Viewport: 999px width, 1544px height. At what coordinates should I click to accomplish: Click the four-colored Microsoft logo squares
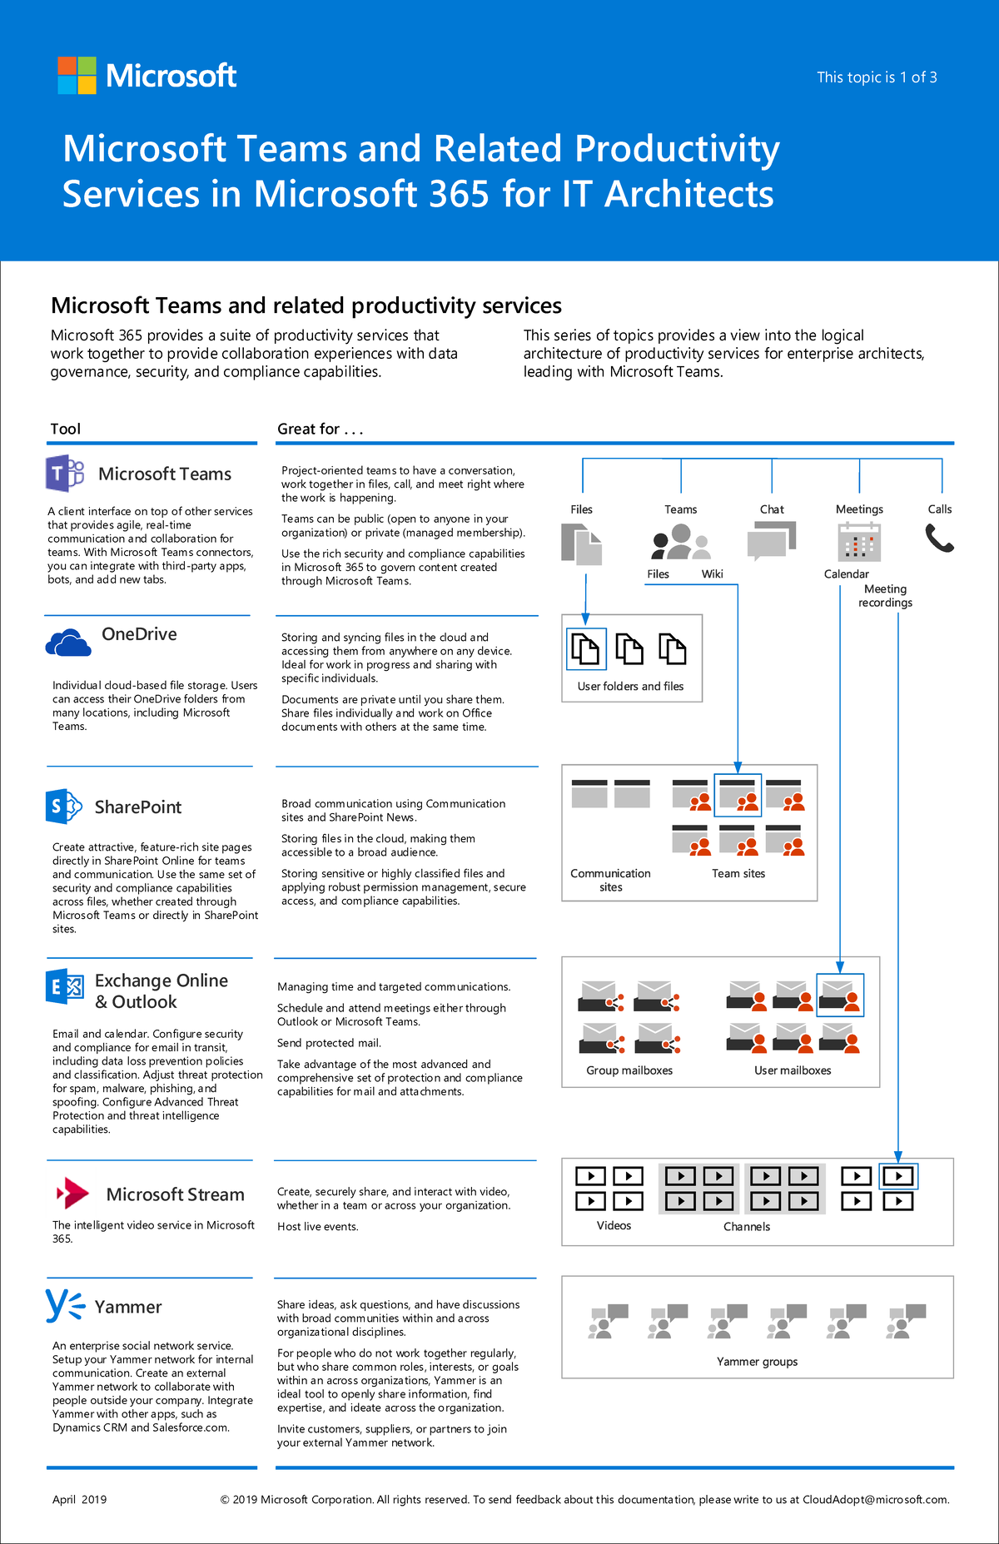77,76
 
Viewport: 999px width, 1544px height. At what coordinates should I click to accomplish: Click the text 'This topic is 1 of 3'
877,77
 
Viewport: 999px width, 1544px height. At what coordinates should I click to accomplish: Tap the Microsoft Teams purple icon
64,474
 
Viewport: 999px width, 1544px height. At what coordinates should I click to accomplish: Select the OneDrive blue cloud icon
68,643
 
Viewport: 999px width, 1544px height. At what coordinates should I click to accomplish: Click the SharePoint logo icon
63,806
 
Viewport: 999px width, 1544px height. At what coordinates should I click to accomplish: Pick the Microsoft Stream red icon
73,1193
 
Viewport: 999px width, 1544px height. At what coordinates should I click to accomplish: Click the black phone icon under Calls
939,539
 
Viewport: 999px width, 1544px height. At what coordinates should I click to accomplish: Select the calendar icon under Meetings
859,542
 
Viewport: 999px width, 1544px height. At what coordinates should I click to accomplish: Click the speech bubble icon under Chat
772,541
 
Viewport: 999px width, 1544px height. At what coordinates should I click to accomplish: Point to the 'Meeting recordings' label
885,596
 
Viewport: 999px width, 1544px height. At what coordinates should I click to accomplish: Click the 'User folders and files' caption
630,687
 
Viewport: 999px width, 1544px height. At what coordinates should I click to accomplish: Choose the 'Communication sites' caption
610,880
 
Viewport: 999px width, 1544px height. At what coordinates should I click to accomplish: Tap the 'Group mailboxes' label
629,1070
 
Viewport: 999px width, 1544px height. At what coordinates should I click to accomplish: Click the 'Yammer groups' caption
757,1362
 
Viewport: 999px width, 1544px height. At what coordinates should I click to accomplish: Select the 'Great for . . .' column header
321,429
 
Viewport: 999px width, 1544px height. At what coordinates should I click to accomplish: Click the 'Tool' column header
66,429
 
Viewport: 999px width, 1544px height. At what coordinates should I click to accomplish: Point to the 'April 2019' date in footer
80,1499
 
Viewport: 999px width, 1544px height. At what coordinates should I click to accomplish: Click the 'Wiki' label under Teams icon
712,574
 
